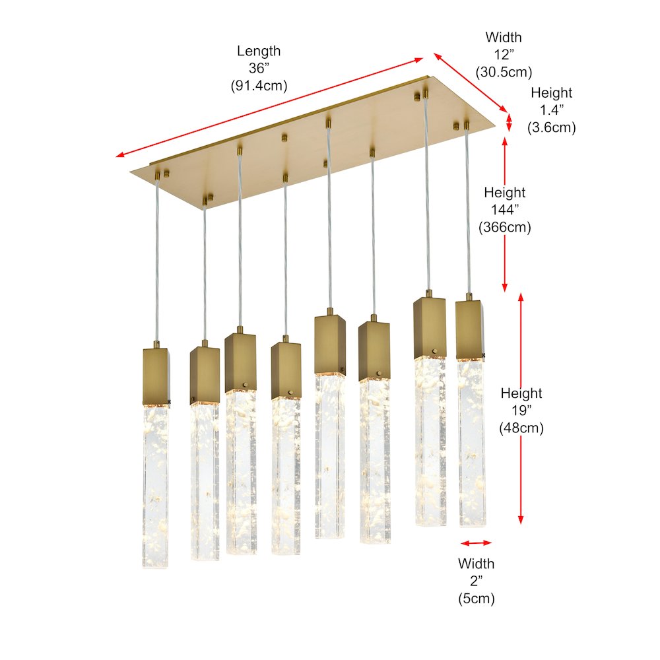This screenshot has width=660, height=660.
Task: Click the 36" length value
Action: (x=259, y=68)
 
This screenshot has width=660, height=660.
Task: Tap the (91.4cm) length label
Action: (x=259, y=85)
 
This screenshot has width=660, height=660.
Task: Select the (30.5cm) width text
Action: (x=504, y=71)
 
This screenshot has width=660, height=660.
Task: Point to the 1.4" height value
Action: (x=551, y=110)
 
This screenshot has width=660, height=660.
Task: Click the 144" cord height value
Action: (x=504, y=210)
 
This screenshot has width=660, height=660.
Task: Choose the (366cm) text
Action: (x=504, y=227)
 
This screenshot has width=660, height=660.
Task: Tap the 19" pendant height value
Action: (x=521, y=411)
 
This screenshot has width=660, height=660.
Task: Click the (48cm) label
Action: (x=521, y=428)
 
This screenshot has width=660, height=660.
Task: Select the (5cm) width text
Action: (x=476, y=599)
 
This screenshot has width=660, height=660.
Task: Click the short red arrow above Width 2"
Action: (x=476, y=543)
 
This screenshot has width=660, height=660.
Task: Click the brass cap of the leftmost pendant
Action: (x=156, y=377)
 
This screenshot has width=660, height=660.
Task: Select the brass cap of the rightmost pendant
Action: (x=469, y=329)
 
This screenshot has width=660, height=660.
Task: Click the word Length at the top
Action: (x=259, y=51)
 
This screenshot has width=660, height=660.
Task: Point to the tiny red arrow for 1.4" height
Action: (x=509, y=123)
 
